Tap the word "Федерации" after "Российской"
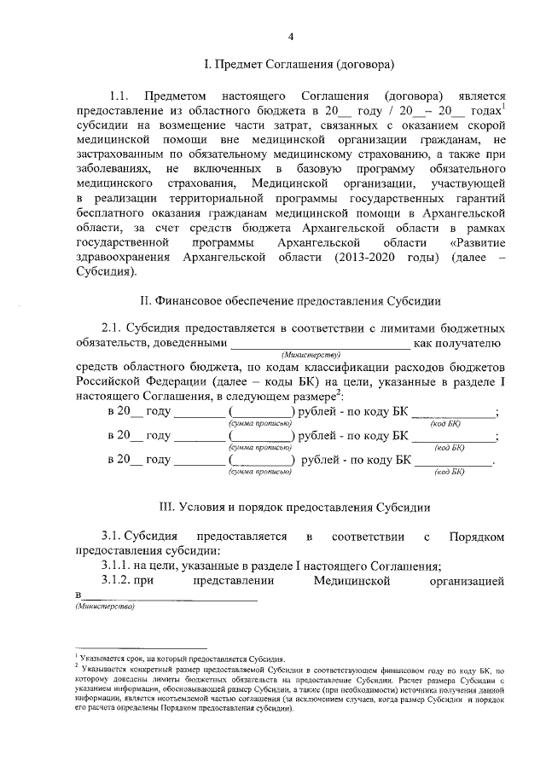click(x=171, y=382)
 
